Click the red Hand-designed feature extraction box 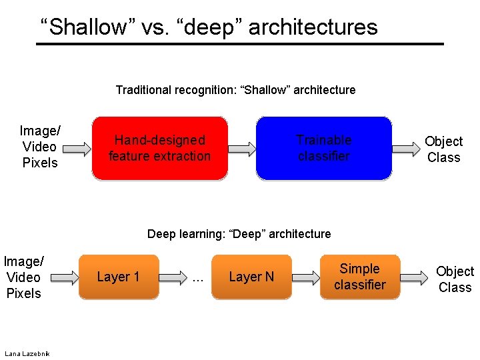click(159, 148)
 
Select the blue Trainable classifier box click(324, 148)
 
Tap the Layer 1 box click(119, 277)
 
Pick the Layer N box click(251, 277)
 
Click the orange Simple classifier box click(360, 277)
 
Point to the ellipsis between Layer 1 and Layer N click(197, 279)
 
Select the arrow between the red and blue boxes click(242, 148)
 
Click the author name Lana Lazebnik click(26, 353)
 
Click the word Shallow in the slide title click(83, 27)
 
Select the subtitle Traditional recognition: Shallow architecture click(235, 89)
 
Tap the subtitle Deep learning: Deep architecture click(239, 233)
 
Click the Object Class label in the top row click(443, 149)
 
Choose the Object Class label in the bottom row click(455, 279)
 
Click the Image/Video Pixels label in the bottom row click(23, 277)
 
